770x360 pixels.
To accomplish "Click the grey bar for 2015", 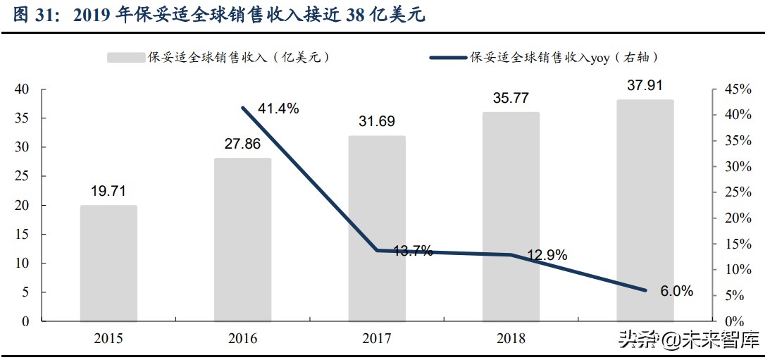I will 108,263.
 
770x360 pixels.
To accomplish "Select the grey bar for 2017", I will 377,228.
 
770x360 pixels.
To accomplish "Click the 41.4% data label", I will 278,108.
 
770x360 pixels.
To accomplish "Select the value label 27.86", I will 242,145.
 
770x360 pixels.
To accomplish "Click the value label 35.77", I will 510,99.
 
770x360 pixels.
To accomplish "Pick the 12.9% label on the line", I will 547,256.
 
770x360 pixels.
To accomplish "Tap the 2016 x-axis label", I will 242,339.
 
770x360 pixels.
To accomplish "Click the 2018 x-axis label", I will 510,339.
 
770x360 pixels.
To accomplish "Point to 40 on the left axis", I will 21,89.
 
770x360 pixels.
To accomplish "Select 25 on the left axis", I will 21,176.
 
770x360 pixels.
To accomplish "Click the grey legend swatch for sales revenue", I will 125,58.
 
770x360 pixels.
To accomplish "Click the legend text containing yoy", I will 564,58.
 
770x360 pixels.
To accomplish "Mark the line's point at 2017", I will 377,250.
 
